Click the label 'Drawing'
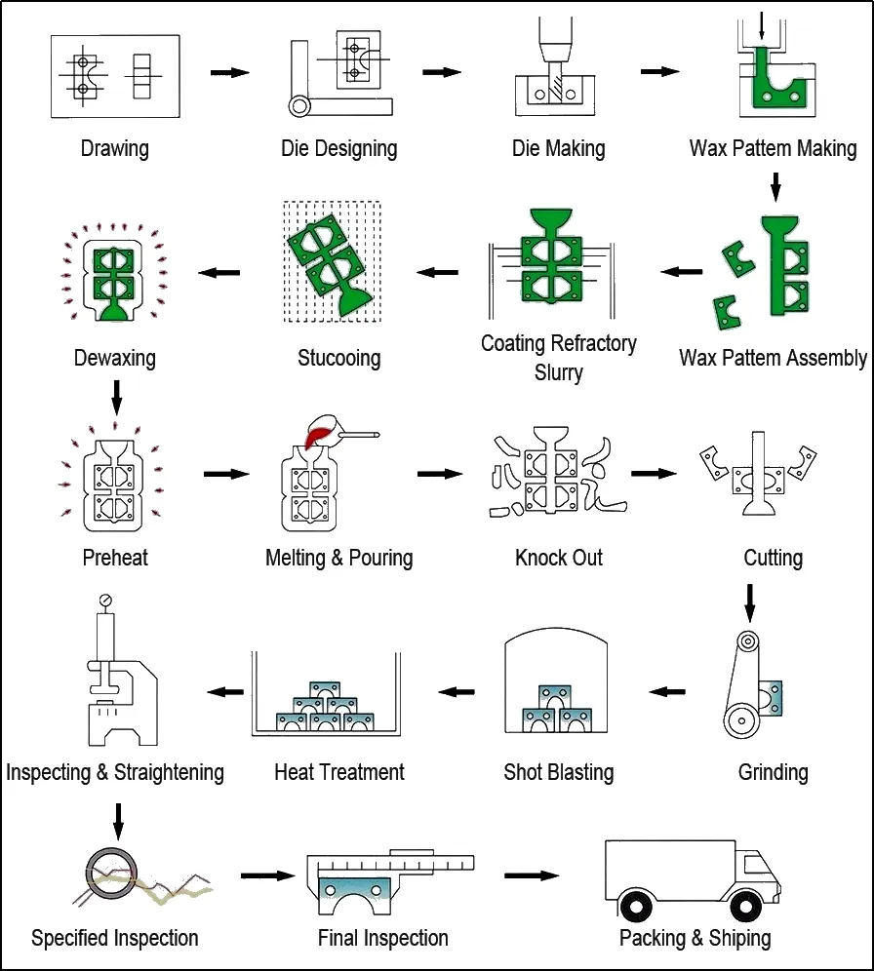[115, 149]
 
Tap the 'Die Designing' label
[338, 149]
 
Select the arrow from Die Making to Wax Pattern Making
[659, 71]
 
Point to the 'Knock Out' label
[559, 558]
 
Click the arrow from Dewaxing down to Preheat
[117, 394]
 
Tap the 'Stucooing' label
[338, 358]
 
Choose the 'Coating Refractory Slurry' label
[559, 357]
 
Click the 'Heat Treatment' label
[338, 772]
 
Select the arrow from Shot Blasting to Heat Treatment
[456, 691]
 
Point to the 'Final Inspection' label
[383, 938]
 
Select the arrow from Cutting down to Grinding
[749, 602]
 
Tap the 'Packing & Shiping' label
[695, 938]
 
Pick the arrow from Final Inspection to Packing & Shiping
[532, 874]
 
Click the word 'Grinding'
[773, 772]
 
